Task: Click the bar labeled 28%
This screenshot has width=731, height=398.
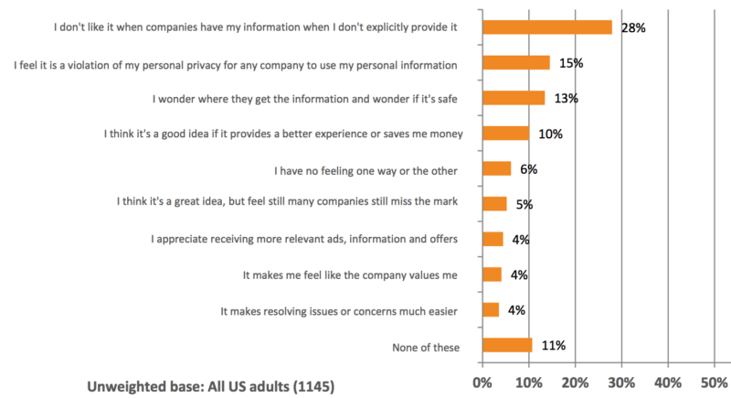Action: [x=546, y=27]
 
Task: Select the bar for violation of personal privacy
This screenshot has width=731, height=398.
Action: [x=515, y=63]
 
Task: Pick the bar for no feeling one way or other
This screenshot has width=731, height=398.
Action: [x=496, y=168]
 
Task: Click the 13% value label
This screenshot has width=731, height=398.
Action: [x=566, y=99]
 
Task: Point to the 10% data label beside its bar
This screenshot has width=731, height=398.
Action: [x=550, y=134]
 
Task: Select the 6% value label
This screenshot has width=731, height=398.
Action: [x=528, y=169]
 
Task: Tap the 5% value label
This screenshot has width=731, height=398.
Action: [x=524, y=204]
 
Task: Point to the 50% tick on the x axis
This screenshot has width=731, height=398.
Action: [x=715, y=382]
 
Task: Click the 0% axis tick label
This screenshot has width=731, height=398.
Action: [x=481, y=382]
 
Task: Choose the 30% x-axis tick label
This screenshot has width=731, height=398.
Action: [x=621, y=382]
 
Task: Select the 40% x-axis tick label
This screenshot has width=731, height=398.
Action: [x=668, y=382]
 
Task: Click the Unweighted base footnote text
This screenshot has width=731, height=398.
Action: [x=210, y=386]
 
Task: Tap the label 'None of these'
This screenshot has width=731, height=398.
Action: [x=421, y=347]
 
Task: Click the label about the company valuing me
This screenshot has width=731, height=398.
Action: [x=350, y=275]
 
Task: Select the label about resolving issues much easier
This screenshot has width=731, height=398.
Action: [x=339, y=311]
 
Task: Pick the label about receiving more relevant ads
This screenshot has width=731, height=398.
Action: [x=304, y=240]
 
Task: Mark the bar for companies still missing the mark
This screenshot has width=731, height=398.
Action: [x=493, y=204]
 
